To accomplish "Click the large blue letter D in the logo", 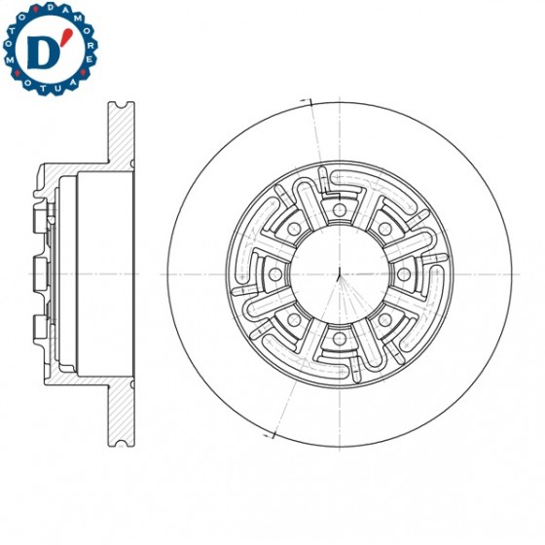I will coord(44,54).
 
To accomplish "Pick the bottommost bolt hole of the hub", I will coord(338,339).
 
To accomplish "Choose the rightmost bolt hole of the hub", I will coord(403,273).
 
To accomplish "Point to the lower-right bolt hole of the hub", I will coord(384,320).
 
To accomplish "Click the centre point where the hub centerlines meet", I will coord(338,273).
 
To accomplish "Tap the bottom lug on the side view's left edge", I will coord(39,329).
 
